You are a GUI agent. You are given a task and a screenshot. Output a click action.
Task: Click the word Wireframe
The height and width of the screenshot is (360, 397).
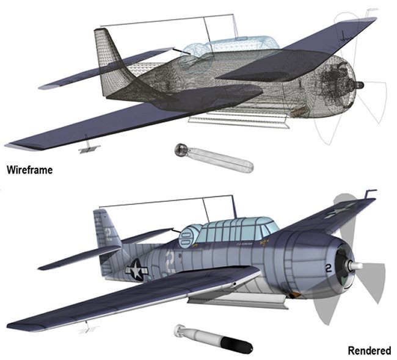coord(29,170)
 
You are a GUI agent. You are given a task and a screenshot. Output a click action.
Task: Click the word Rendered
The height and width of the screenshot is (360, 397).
coord(369,350)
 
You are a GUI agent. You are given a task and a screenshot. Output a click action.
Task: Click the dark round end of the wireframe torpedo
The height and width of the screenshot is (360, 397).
coord(181,149)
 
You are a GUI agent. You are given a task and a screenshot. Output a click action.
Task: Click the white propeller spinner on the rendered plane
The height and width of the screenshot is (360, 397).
coord(357,267)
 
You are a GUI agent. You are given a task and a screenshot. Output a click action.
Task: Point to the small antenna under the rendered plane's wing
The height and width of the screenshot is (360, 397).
coord(90,329)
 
